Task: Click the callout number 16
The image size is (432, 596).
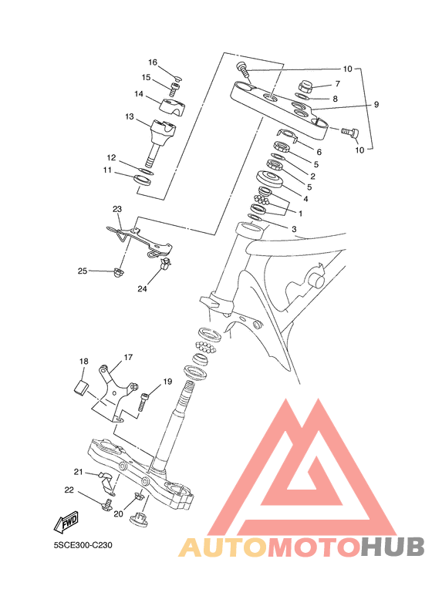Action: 153,62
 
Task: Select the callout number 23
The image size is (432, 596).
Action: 117,209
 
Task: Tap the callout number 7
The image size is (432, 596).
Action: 337,83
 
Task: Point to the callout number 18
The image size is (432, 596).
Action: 83,361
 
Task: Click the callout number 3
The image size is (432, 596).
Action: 294,230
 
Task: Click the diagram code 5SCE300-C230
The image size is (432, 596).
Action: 83,545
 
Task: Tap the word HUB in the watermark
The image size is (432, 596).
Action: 392,547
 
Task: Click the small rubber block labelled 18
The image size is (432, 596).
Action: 80,386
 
